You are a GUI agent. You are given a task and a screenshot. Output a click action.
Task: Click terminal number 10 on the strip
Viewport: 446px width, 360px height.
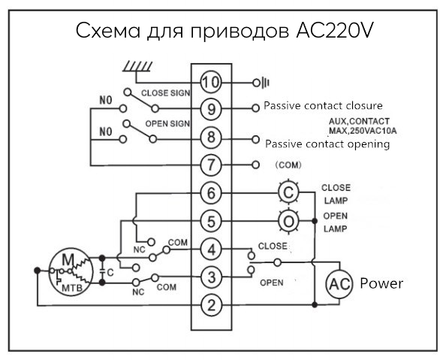211,83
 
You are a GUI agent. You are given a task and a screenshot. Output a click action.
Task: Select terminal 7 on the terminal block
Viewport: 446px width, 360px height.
211,165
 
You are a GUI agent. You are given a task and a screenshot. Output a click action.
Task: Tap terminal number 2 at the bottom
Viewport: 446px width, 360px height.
211,305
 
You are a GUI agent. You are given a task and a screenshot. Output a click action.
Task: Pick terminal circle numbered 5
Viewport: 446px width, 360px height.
211,221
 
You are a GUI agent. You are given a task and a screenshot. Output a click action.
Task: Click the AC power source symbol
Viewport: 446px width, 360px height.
339,283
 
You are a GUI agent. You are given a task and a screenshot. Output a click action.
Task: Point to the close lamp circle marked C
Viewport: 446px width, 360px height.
288,192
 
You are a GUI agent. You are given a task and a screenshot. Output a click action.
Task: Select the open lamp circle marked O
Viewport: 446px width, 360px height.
288,221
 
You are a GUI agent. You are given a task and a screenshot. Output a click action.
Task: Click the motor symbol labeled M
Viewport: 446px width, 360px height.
71,271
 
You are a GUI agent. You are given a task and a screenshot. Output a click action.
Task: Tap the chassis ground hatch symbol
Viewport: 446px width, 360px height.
137,66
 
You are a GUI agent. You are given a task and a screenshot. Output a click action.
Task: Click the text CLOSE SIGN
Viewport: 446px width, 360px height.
165,93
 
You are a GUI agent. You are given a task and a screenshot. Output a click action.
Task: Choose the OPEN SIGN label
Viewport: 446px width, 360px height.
167,124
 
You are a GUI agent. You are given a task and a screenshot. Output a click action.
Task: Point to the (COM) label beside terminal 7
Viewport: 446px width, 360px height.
288,165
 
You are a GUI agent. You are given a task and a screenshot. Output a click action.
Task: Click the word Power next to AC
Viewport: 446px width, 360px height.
381,283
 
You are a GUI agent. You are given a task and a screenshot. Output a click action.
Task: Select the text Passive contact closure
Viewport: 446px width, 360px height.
323,106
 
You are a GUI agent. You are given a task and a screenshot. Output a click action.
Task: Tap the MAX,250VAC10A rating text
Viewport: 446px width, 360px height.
363,131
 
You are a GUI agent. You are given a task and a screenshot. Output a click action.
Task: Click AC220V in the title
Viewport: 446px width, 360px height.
334,30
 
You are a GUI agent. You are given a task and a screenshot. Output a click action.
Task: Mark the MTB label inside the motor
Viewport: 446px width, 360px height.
72,288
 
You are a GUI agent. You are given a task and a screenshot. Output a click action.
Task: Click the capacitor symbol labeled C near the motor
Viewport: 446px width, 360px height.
102,271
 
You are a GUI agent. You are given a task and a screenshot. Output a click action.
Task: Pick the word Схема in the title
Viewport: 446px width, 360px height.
108,31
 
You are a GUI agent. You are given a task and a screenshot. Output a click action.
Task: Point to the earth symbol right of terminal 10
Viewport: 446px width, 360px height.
261,83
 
